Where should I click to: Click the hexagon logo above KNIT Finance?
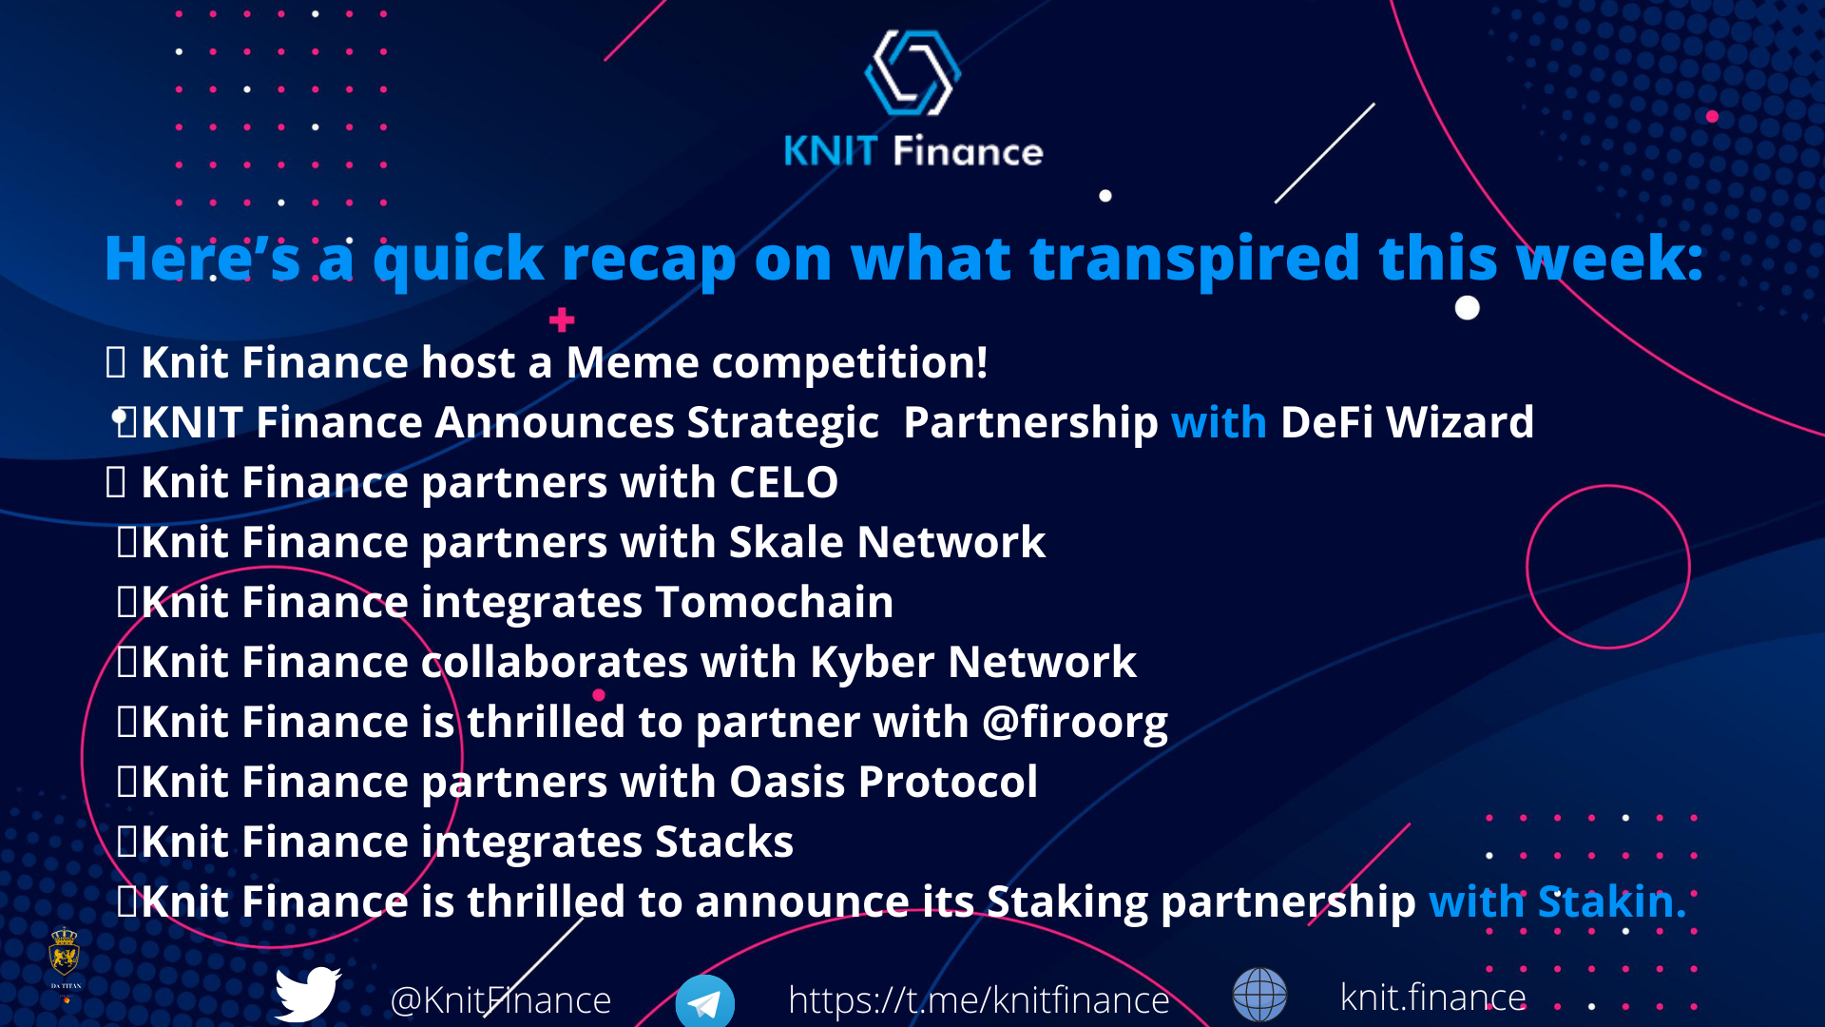pos(912,73)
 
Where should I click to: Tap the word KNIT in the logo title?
pos(830,151)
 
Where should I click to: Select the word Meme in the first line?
pos(632,362)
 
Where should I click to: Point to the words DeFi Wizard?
pos(1407,422)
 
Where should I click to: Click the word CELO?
pos(783,482)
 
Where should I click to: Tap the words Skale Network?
pos(887,542)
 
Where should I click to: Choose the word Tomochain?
pos(774,602)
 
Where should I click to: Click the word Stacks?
pos(724,842)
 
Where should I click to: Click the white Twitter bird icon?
pos(307,994)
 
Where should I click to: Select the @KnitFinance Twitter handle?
pos(500,1000)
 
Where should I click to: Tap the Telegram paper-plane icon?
pos(704,1002)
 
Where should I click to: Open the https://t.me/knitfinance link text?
pos(979,1000)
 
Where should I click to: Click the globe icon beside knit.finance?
pos(1259,995)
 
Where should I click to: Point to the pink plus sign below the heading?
pos(562,320)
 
